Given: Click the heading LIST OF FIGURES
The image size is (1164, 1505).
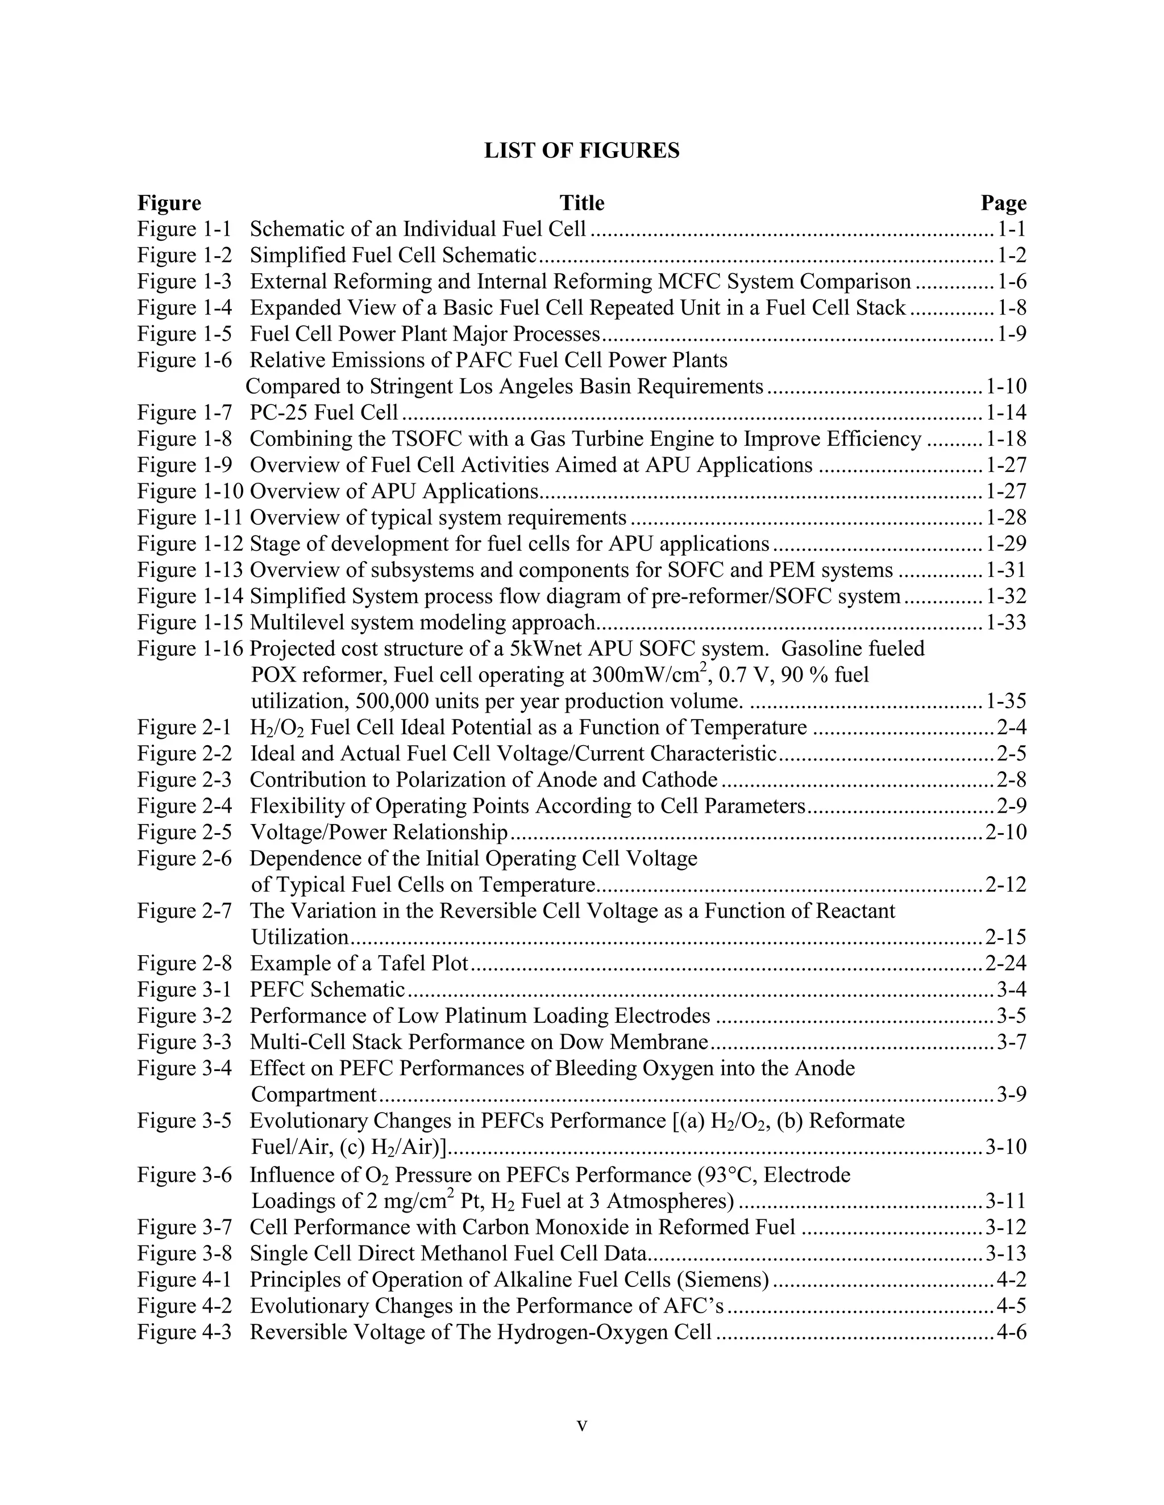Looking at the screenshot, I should pos(581,151).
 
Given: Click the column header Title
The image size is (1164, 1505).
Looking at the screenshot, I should pos(581,203).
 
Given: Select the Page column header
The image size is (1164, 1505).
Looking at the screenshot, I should pos(1003,203).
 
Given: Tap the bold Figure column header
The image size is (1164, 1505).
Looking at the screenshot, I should pos(169,203).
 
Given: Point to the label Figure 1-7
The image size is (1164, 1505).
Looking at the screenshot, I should pos(184,413).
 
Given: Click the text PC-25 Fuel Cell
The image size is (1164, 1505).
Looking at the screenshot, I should pos(323,413).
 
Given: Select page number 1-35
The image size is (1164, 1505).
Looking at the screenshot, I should pos(1005,701).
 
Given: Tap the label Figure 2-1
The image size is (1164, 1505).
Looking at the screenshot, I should pos(184,728).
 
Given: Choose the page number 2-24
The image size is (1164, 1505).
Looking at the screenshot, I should pos(1005,963).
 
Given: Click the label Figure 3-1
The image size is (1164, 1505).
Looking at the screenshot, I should pos(184,989).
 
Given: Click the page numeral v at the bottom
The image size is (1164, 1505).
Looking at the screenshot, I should pos(581,1425).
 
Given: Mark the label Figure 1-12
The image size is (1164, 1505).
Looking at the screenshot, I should pos(190,545).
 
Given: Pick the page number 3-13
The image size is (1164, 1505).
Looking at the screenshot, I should pos(1005,1253).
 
